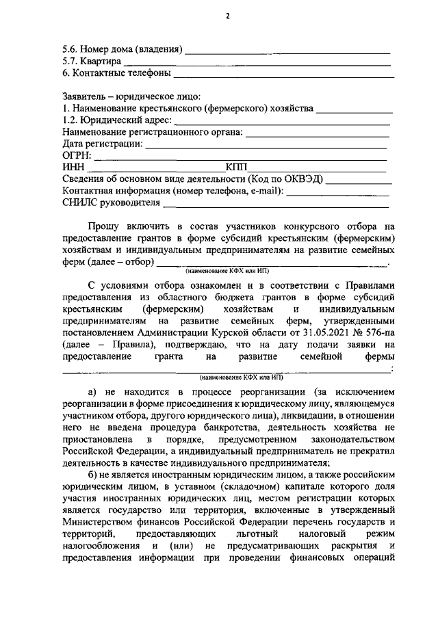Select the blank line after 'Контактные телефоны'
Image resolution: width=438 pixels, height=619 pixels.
283,73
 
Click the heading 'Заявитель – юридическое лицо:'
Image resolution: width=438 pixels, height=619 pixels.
131,97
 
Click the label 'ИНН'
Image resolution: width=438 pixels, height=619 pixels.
72,167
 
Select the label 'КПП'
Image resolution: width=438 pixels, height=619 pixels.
236,167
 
